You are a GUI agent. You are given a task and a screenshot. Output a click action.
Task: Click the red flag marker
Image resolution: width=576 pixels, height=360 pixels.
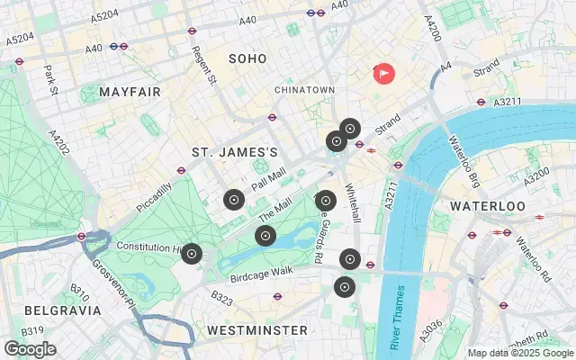click(x=383, y=73)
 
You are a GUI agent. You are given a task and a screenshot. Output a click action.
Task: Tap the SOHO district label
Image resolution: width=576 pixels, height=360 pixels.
click(x=247, y=58)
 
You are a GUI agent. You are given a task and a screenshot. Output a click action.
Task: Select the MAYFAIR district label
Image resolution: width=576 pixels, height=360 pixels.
click(x=130, y=93)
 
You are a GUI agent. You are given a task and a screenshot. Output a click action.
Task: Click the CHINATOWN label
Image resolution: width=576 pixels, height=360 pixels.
click(x=305, y=90)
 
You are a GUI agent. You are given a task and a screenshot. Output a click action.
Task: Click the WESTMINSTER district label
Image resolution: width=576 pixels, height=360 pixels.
click(x=256, y=330)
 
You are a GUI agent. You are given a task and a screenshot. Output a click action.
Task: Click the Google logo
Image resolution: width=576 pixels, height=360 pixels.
click(x=30, y=349)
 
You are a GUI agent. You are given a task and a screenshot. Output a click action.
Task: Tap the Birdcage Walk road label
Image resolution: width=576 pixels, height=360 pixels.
click(x=262, y=270)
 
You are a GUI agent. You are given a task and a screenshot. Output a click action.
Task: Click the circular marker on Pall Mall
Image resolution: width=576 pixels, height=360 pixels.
click(x=234, y=200)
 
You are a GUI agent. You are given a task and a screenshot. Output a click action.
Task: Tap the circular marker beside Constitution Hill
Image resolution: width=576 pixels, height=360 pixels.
click(x=191, y=254)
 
